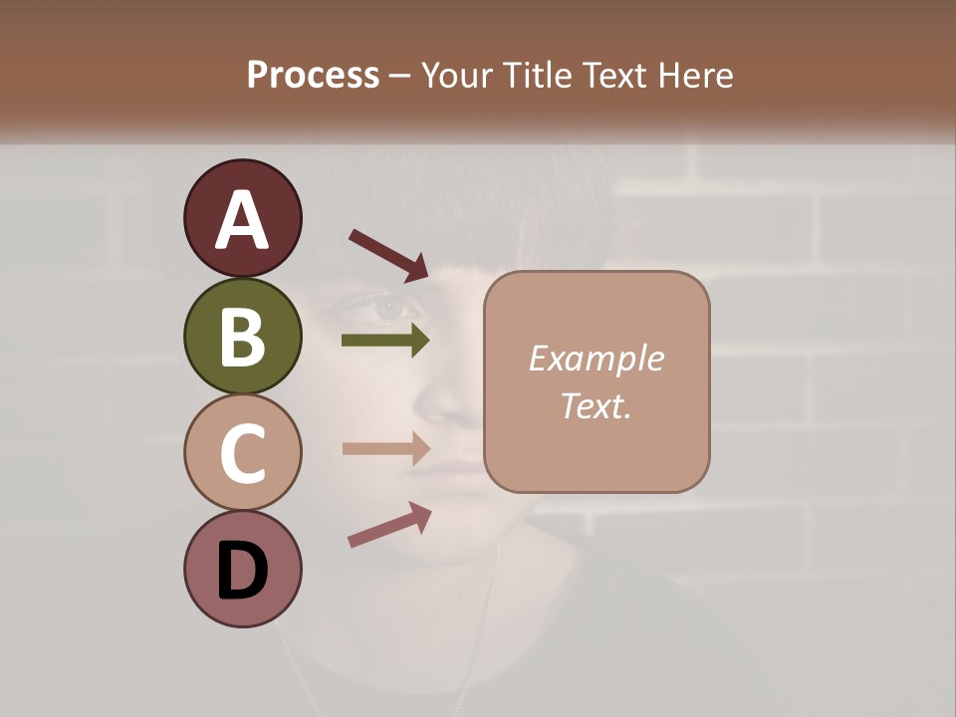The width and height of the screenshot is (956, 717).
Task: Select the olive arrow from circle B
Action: pyautogui.click(x=385, y=341)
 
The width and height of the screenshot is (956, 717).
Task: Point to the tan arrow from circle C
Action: pyautogui.click(x=385, y=448)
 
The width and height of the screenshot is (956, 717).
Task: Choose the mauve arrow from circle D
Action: pyautogui.click(x=388, y=525)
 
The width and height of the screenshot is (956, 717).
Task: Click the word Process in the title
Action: pyautogui.click(x=313, y=75)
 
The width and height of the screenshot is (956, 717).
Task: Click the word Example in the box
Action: pyautogui.click(x=596, y=358)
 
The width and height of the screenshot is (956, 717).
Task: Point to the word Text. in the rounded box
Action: pyautogui.click(x=596, y=405)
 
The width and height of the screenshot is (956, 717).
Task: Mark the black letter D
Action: pyautogui.click(x=242, y=572)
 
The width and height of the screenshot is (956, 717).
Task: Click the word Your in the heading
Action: pyautogui.click(x=459, y=75)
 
